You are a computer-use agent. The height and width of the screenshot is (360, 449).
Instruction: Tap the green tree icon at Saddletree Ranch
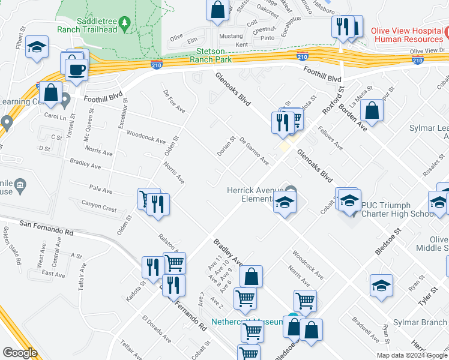click(x=124, y=23)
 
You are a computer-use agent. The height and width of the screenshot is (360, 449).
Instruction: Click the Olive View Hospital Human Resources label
click(x=408, y=34)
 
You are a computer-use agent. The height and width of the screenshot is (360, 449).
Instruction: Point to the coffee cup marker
click(x=76, y=70)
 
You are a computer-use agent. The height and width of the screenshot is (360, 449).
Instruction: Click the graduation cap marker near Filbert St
click(x=37, y=48)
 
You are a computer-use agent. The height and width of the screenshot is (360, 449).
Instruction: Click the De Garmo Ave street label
click(x=254, y=151)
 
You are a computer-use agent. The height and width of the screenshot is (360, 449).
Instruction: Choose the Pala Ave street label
click(x=100, y=190)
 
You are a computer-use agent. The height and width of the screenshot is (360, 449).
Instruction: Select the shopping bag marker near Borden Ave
click(x=373, y=111)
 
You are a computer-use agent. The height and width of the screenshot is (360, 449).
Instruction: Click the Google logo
click(x=20, y=353)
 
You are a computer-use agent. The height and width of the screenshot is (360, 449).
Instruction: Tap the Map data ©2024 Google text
click(x=411, y=355)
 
